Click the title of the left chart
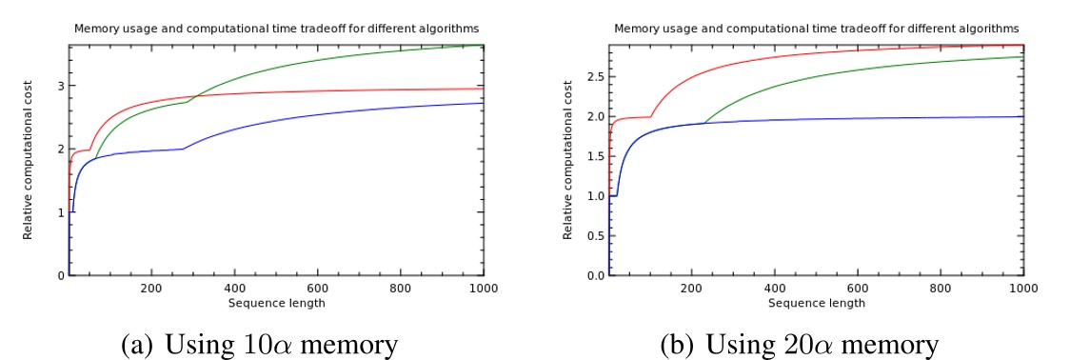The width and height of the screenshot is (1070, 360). (276, 29)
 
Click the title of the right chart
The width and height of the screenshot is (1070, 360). (816, 29)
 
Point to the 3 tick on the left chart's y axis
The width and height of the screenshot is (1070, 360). (60, 86)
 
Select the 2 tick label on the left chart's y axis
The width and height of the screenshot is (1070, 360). (60, 150)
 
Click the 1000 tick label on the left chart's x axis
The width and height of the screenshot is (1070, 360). (483, 289)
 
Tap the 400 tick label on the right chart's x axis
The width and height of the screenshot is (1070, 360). (774, 289)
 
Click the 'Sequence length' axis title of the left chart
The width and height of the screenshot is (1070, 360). (276, 303)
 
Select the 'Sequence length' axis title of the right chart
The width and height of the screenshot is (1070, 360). (816, 303)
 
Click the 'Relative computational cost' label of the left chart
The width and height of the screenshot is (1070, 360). (29, 160)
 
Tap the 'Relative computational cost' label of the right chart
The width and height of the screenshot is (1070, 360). (568, 160)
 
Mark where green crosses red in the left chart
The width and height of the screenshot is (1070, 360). (194, 97)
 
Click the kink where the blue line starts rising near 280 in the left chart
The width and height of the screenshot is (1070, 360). (185, 149)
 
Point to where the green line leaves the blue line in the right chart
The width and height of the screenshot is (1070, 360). (704, 123)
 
